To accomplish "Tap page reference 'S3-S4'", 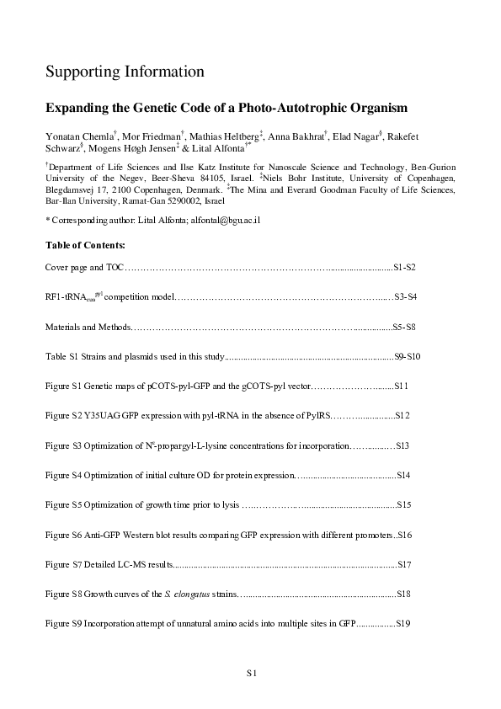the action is tap(406, 297).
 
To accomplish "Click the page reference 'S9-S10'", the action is tap(408, 358).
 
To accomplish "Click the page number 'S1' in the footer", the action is tap(250, 673).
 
